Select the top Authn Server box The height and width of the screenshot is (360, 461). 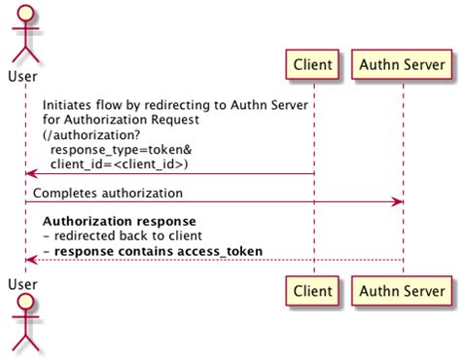(403, 65)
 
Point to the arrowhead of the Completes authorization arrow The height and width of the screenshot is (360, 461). (398, 202)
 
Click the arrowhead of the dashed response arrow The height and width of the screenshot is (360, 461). (31, 261)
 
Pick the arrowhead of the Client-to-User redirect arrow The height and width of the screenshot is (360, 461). (31, 174)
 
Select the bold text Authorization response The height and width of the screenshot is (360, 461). (120, 221)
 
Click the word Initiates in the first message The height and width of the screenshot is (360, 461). (69, 106)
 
